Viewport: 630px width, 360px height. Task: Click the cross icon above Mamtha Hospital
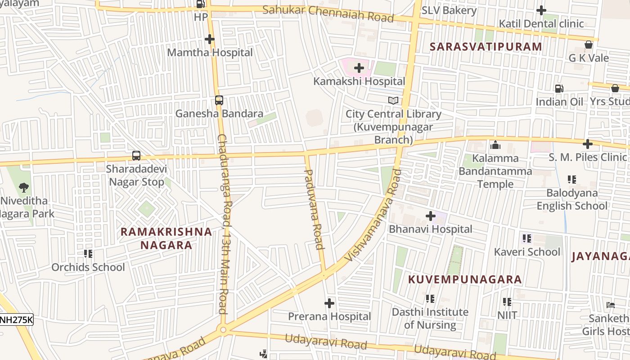pos(210,40)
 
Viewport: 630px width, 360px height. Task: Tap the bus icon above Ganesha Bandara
pos(219,100)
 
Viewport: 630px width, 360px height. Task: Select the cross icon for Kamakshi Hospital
pos(359,68)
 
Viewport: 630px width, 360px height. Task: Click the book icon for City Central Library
pos(393,101)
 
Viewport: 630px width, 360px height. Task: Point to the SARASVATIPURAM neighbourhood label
pos(486,47)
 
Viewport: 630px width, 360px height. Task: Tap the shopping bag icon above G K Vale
pos(588,45)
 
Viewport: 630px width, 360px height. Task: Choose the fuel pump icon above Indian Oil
pos(559,89)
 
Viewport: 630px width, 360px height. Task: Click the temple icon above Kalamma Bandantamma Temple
pos(495,145)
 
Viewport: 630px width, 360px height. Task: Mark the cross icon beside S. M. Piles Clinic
pos(587,144)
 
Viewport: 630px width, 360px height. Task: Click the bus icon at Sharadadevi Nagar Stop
pos(136,156)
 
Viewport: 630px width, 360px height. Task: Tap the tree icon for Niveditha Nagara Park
pos(23,187)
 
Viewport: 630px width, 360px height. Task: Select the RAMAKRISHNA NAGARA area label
pos(166,238)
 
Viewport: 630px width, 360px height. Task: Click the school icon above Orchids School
pos(88,254)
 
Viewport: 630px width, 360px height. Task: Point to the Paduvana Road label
pos(314,209)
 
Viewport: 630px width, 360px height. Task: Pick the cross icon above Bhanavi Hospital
pos(431,216)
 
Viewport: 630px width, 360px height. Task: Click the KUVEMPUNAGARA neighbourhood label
pos(465,279)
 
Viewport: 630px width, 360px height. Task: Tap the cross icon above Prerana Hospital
pos(329,303)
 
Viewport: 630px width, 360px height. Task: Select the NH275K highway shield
pos(16,320)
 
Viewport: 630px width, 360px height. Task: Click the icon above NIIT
pos(507,302)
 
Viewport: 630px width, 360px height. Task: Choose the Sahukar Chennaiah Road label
pos(328,13)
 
